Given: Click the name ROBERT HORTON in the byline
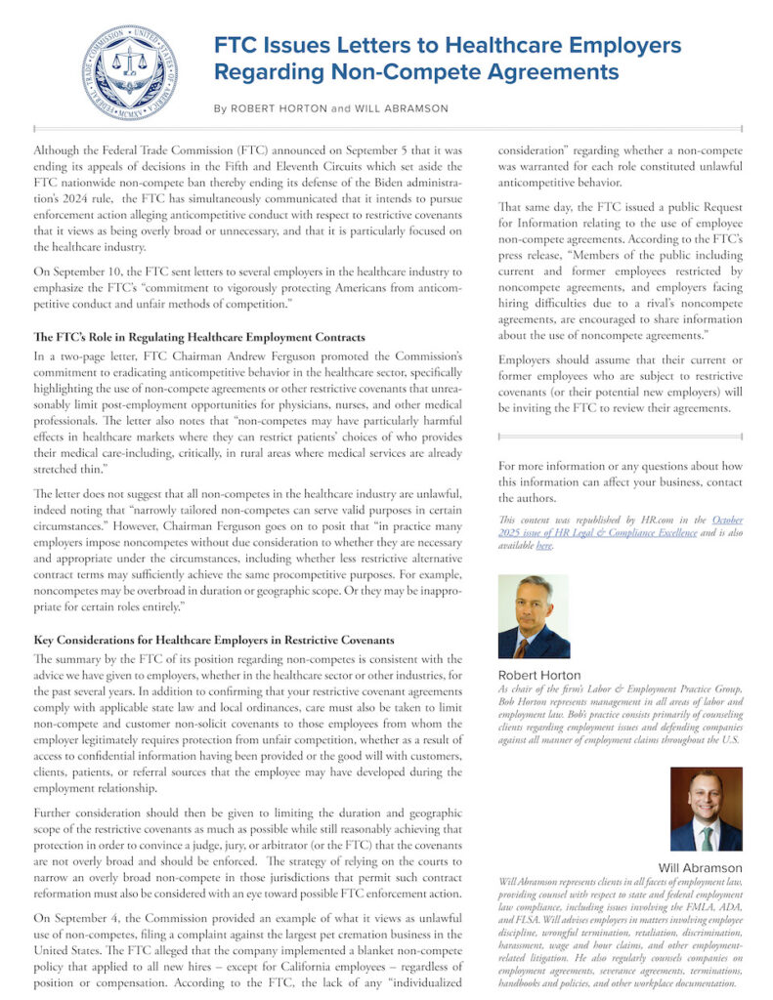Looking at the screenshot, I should tap(277, 108).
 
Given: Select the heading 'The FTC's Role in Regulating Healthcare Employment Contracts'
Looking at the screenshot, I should tap(199, 337).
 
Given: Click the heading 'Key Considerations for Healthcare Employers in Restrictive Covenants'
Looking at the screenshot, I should tap(214, 640).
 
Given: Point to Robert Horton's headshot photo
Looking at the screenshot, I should tap(534, 616).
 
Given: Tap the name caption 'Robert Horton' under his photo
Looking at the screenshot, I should tap(539, 675).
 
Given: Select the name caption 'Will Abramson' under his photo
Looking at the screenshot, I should tap(700, 867).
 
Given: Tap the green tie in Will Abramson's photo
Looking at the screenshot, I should tap(705, 839).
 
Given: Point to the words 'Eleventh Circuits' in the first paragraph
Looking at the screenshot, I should tap(322, 167).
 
